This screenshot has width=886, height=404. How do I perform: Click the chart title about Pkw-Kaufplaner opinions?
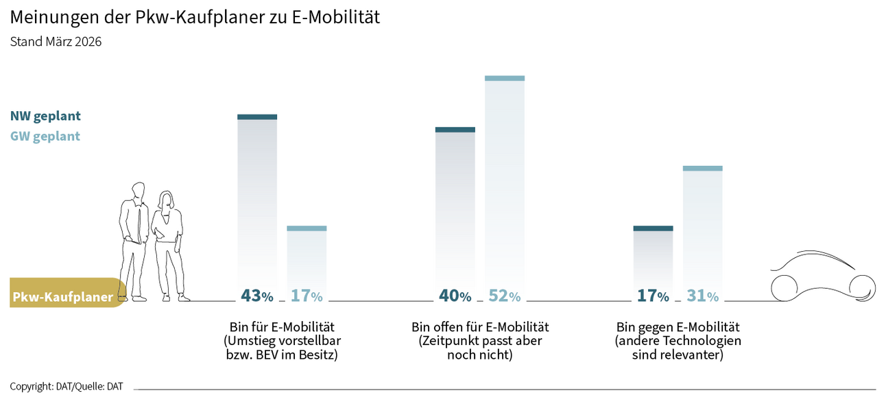tap(195, 17)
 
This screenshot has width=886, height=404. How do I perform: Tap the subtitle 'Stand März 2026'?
tap(56, 42)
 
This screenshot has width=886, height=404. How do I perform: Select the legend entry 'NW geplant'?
tap(45, 116)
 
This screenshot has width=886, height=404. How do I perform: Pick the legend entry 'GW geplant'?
tap(45, 136)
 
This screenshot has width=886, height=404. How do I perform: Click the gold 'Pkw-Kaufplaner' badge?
tap(64, 297)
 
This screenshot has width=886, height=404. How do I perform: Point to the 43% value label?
tap(256, 296)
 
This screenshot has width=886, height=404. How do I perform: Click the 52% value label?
tap(504, 296)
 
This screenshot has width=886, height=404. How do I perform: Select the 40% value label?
tap(455, 296)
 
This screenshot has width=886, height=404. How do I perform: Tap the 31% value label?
tap(702, 296)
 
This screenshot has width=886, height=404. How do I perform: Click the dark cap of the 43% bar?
tap(257, 117)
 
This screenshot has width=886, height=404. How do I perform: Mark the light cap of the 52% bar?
tap(505, 78)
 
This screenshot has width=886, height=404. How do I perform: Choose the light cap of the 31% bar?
tap(703, 168)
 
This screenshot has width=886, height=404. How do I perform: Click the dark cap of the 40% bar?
tap(455, 129)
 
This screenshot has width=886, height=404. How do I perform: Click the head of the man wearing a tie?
tap(139, 190)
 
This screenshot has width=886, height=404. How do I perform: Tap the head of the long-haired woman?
tap(166, 200)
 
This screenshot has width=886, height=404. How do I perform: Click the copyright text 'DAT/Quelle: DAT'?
tap(67, 387)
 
